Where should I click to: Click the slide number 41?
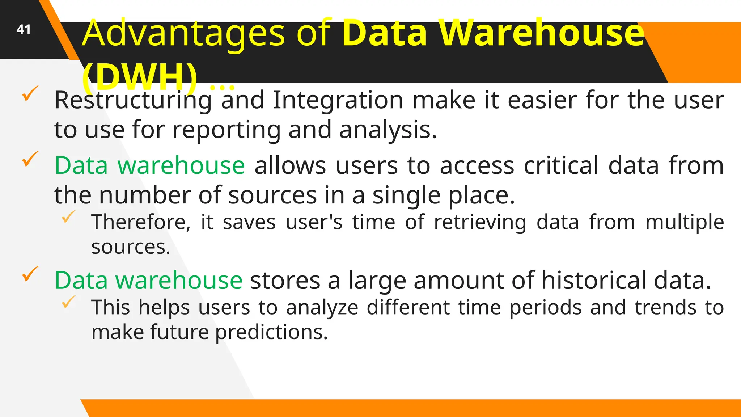[24, 30]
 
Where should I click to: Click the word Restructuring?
[133, 101]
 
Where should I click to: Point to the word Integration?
[338, 100]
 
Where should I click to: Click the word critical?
[562, 166]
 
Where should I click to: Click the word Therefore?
[141, 222]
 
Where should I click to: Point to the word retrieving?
[480, 222]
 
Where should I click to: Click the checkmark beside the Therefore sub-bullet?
[68, 216]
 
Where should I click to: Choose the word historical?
[593, 281]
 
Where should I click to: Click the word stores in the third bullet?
[285, 281]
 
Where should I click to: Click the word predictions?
[271, 332]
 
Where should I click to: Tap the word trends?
[665, 308]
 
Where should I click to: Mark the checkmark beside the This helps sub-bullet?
[68, 302]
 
